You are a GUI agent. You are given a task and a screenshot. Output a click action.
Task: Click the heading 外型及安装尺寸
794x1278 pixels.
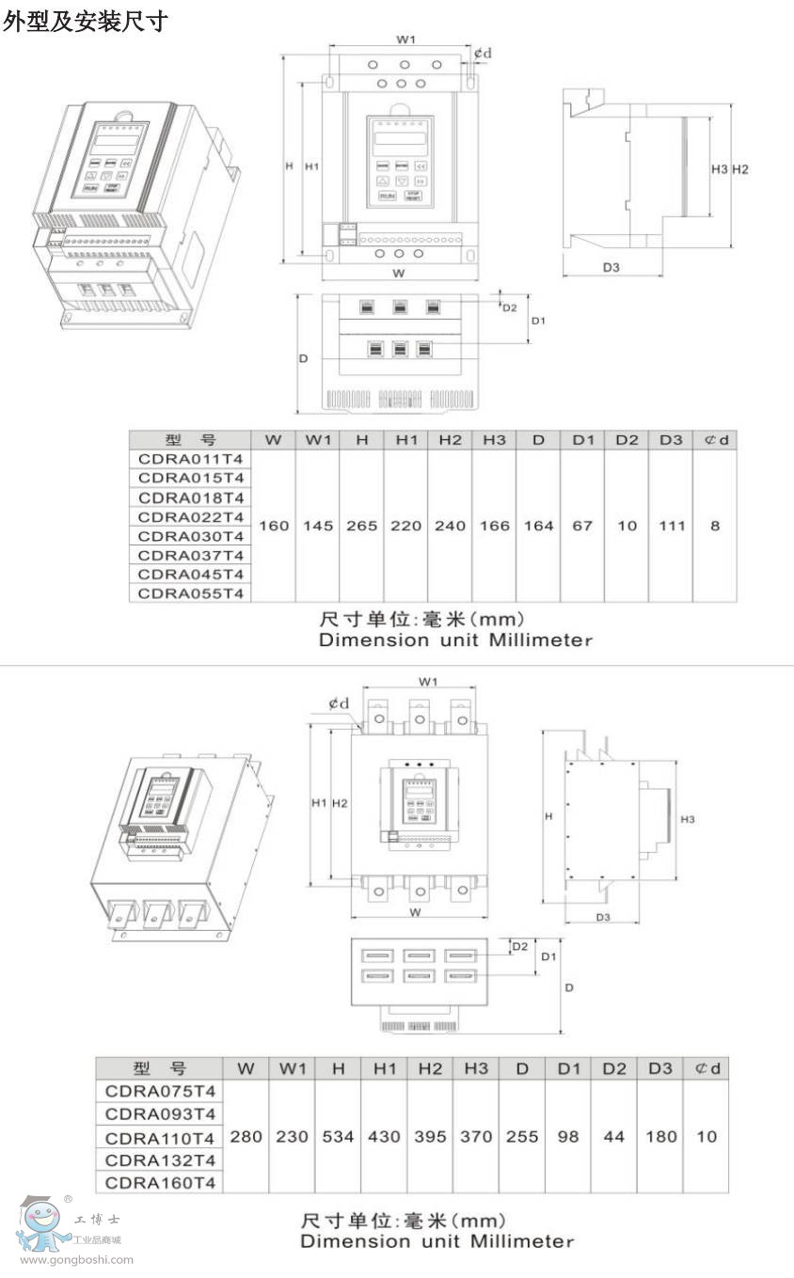85,22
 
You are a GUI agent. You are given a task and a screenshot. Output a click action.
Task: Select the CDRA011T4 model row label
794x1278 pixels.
190,459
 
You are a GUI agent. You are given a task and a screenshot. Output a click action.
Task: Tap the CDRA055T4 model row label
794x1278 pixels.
190,593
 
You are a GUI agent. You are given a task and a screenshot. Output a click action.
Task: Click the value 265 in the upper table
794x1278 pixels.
361,526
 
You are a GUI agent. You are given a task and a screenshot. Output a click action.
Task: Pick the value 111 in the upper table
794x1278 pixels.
672,526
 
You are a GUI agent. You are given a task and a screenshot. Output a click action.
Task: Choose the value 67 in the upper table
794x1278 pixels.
582,526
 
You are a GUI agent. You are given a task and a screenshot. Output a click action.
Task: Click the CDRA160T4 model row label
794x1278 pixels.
160,1182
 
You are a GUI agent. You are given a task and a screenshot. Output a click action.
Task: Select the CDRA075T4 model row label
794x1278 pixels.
160,1092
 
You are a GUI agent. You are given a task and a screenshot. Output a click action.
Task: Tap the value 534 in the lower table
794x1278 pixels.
338,1136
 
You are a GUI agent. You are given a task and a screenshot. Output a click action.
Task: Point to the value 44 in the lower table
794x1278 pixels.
613,1136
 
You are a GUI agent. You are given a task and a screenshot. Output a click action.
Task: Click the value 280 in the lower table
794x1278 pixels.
246,1136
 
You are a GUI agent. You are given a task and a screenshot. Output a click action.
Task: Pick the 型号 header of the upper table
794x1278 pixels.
190,440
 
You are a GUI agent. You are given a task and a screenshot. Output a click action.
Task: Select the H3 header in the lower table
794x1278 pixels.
476,1068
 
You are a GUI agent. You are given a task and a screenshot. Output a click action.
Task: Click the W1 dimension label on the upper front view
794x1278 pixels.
405,39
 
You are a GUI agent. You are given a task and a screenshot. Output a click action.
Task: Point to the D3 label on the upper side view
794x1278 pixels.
611,267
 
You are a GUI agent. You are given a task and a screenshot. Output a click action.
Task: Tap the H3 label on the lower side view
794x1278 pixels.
687,820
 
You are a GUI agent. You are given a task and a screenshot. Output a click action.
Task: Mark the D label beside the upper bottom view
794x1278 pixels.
303,358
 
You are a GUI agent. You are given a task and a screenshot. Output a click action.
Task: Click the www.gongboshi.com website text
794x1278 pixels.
76,1260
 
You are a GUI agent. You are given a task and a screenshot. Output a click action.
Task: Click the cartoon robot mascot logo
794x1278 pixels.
40,1223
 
